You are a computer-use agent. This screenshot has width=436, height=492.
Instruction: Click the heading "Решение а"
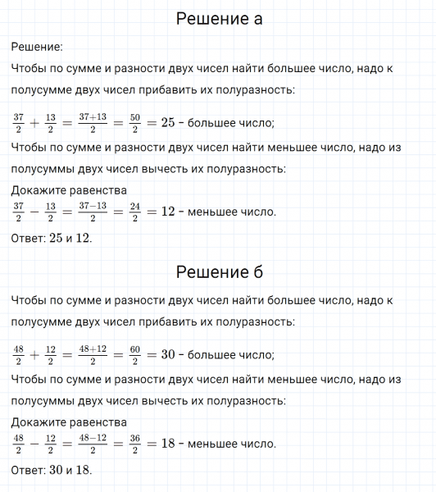(x=219, y=19)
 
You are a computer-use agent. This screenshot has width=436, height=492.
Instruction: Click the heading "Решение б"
(x=219, y=271)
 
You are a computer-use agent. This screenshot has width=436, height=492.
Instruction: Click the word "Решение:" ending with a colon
(x=37, y=48)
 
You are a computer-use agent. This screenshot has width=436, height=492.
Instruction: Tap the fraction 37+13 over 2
(x=98, y=123)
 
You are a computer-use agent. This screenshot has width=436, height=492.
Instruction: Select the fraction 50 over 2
(x=136, y=123)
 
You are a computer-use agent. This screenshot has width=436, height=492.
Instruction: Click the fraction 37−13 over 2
(x=98, y=212)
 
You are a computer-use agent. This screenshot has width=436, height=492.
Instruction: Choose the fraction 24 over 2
(x=136, y=212)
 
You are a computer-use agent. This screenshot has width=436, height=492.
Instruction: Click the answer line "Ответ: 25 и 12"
(x=52, y=239)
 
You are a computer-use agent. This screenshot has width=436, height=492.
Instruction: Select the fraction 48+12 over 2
(x=98, y=355)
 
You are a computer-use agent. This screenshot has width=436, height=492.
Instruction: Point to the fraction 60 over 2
(x=136, y=355)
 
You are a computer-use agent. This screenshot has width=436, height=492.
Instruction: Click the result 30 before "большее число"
(x=169, y=355)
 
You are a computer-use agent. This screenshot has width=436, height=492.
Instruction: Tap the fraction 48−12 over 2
(x=98, y=444)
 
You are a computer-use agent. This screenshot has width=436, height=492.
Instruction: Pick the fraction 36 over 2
(x=136, y=444)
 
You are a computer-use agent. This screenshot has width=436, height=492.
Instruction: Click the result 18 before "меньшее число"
(x=169, y=444)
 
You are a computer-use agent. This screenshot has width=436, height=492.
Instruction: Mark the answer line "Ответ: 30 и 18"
(x=52, y=471)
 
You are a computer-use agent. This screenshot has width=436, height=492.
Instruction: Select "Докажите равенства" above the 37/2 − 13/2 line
(x=70, y=191)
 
